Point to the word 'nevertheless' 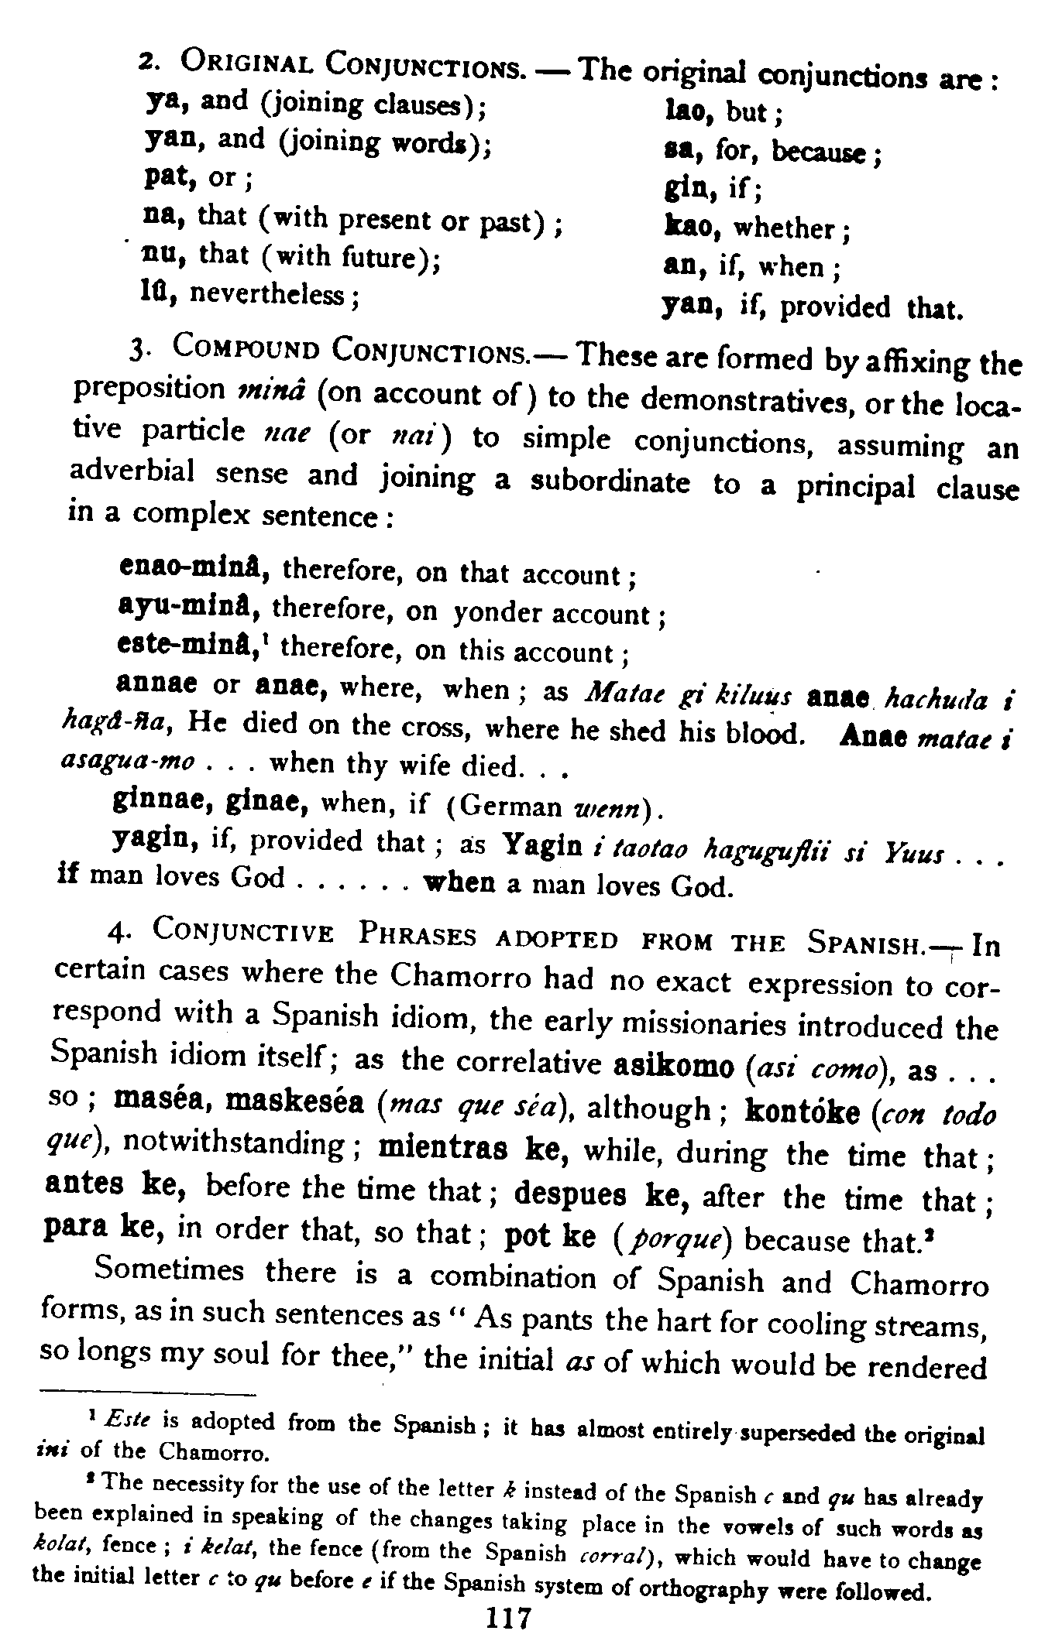tap(271, 295)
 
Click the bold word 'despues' tap(570, 1195)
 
